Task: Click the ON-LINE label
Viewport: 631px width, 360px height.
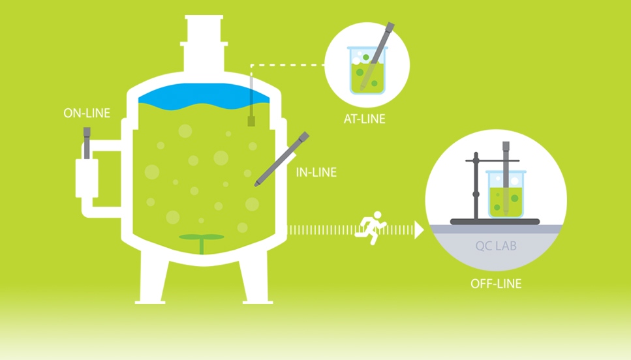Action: (87, 113)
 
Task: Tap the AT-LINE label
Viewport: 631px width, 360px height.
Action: (365, 119)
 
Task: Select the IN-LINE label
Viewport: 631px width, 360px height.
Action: (316, 172)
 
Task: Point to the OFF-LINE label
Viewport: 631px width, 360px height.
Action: (496, 284)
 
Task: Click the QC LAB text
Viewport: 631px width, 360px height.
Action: (496, 246)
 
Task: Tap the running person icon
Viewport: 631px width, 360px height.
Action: (371, 228)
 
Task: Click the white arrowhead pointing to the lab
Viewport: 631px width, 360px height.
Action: (419, 230)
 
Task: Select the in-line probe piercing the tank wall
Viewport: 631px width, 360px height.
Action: (282, 159)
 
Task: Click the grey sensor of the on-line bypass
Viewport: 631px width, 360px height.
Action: (87, 143)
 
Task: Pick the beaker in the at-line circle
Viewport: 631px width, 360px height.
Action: (367, 70)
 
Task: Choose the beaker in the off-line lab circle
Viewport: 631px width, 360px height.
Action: (506, 194)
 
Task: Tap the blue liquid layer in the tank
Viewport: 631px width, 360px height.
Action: (204, 97)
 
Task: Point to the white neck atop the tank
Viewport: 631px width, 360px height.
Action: (204, 44)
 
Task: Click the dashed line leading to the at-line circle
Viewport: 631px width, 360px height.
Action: (287, 65)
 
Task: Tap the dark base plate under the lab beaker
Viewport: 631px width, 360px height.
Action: (495, 222)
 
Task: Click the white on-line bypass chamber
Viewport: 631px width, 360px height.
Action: (87, 178)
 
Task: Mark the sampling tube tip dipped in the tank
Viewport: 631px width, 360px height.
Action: (251, 121)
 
